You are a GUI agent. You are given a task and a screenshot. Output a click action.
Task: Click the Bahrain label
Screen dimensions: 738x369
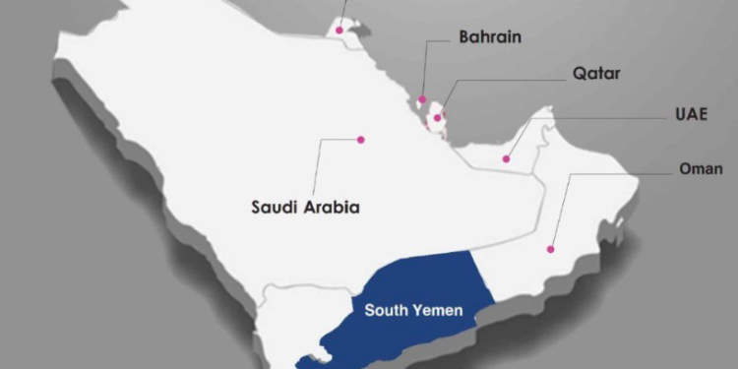click(490, 38)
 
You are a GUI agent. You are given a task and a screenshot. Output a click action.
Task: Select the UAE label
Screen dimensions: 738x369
click(688, 114)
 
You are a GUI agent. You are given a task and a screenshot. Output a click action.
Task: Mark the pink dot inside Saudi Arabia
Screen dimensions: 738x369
click(361, 140)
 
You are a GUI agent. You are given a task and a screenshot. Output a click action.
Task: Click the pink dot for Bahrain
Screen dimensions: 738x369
click(422, 99)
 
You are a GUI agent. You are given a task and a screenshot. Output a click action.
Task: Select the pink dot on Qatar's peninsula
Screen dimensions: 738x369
click(437, 118)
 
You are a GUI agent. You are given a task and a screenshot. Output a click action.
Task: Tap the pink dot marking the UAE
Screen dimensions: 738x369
click(506, 158)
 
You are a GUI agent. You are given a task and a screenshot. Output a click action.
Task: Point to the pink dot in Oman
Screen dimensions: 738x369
click(551, 249)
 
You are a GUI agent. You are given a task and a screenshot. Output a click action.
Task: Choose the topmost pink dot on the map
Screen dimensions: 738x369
click(339, 31)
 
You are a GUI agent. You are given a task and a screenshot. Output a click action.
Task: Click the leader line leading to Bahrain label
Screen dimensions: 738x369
click(426, 69)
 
